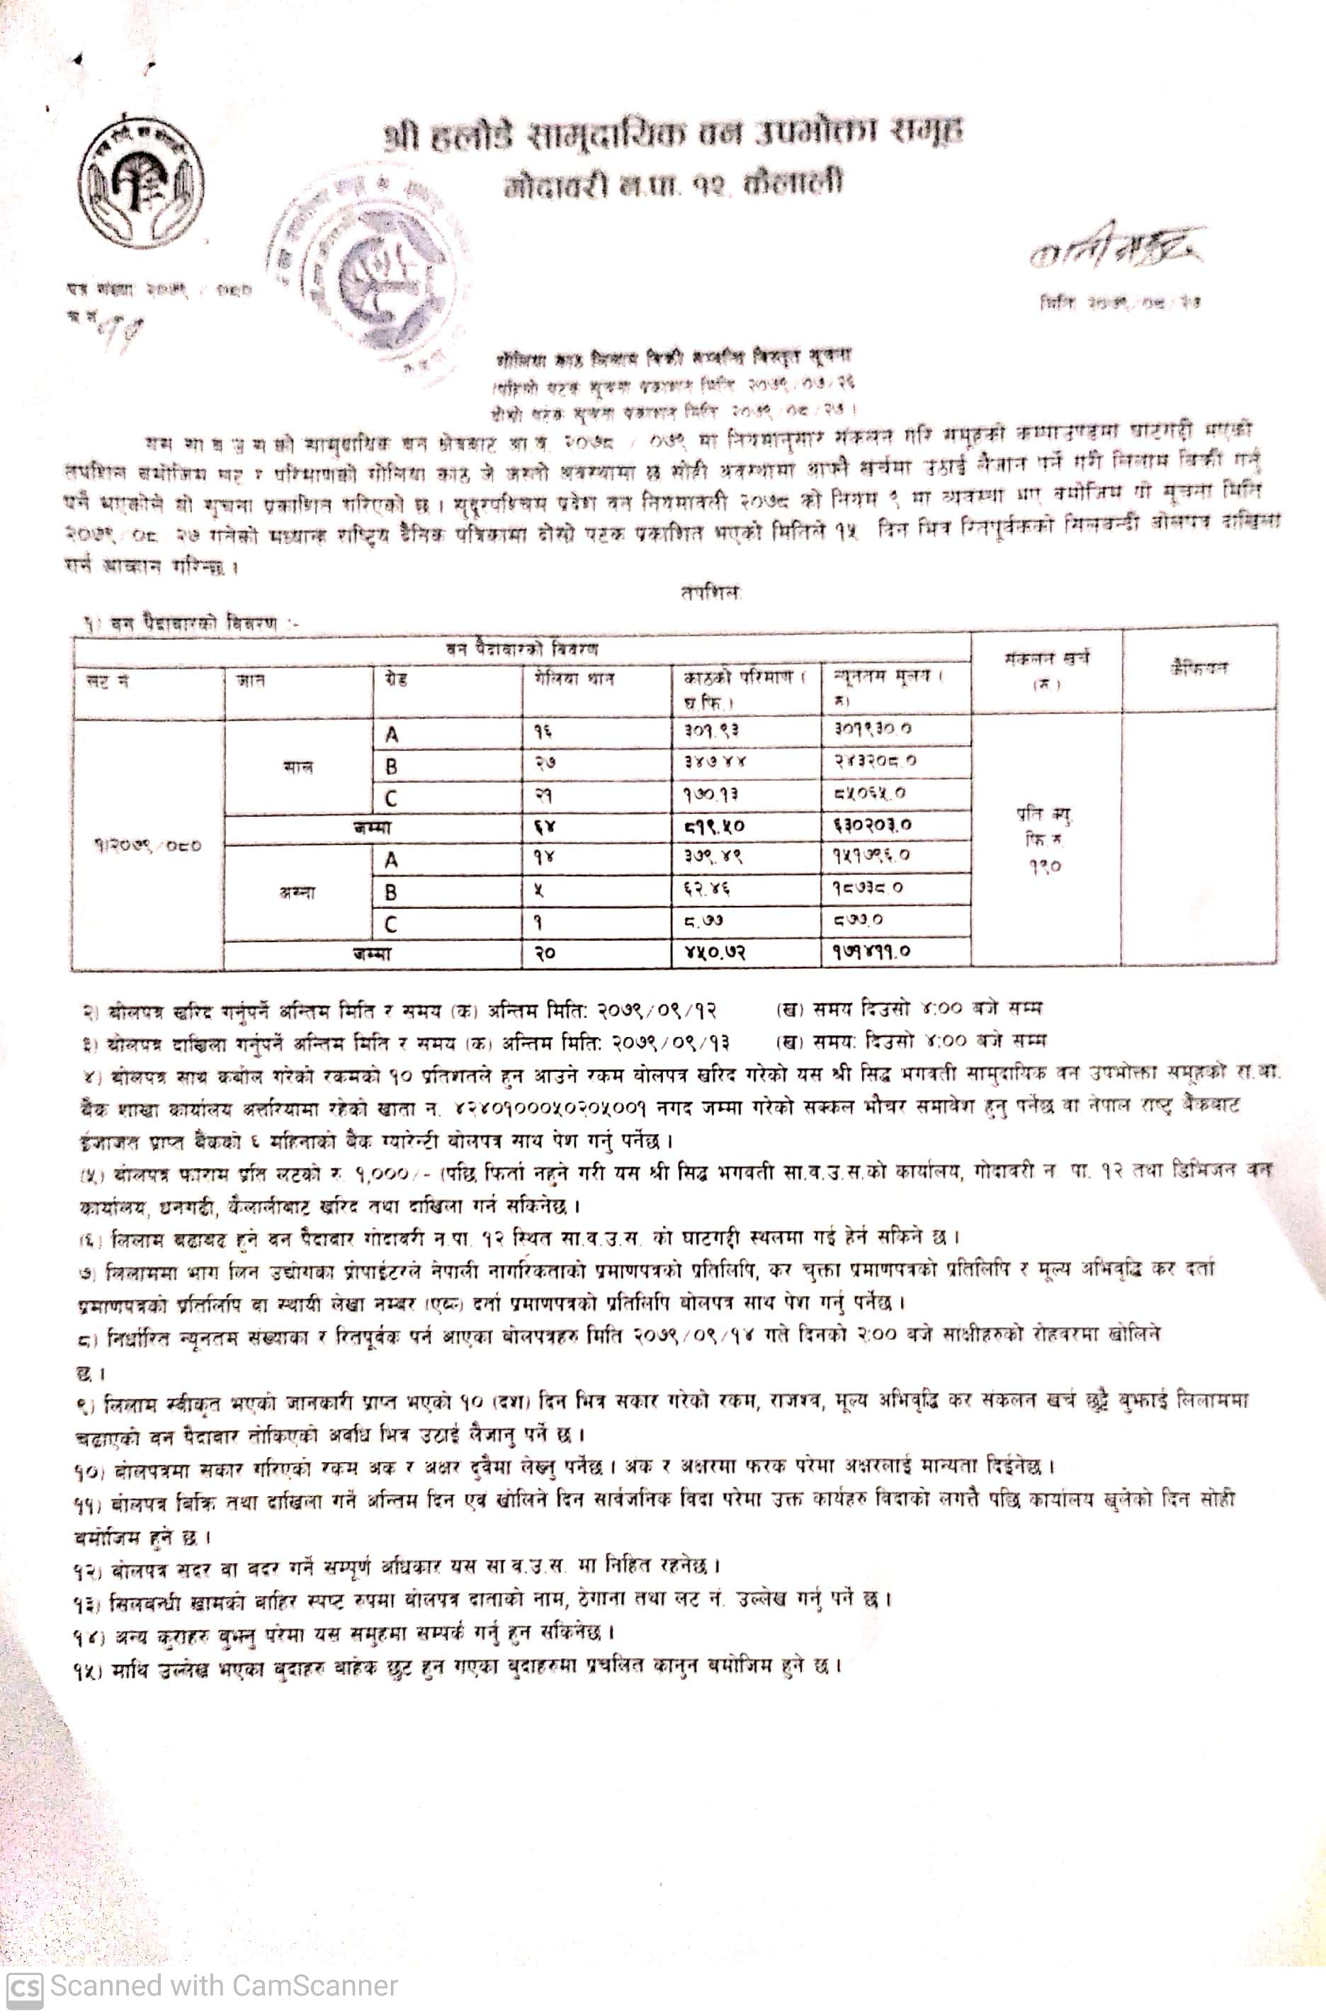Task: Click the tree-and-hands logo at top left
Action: click(141, 181)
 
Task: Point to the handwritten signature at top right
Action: click(1116, 248)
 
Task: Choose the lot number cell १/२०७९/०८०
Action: click(147, 844)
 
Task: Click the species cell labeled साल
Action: click(298, 767)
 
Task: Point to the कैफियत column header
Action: click(1197, 668)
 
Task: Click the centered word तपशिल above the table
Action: click(710, 593)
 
